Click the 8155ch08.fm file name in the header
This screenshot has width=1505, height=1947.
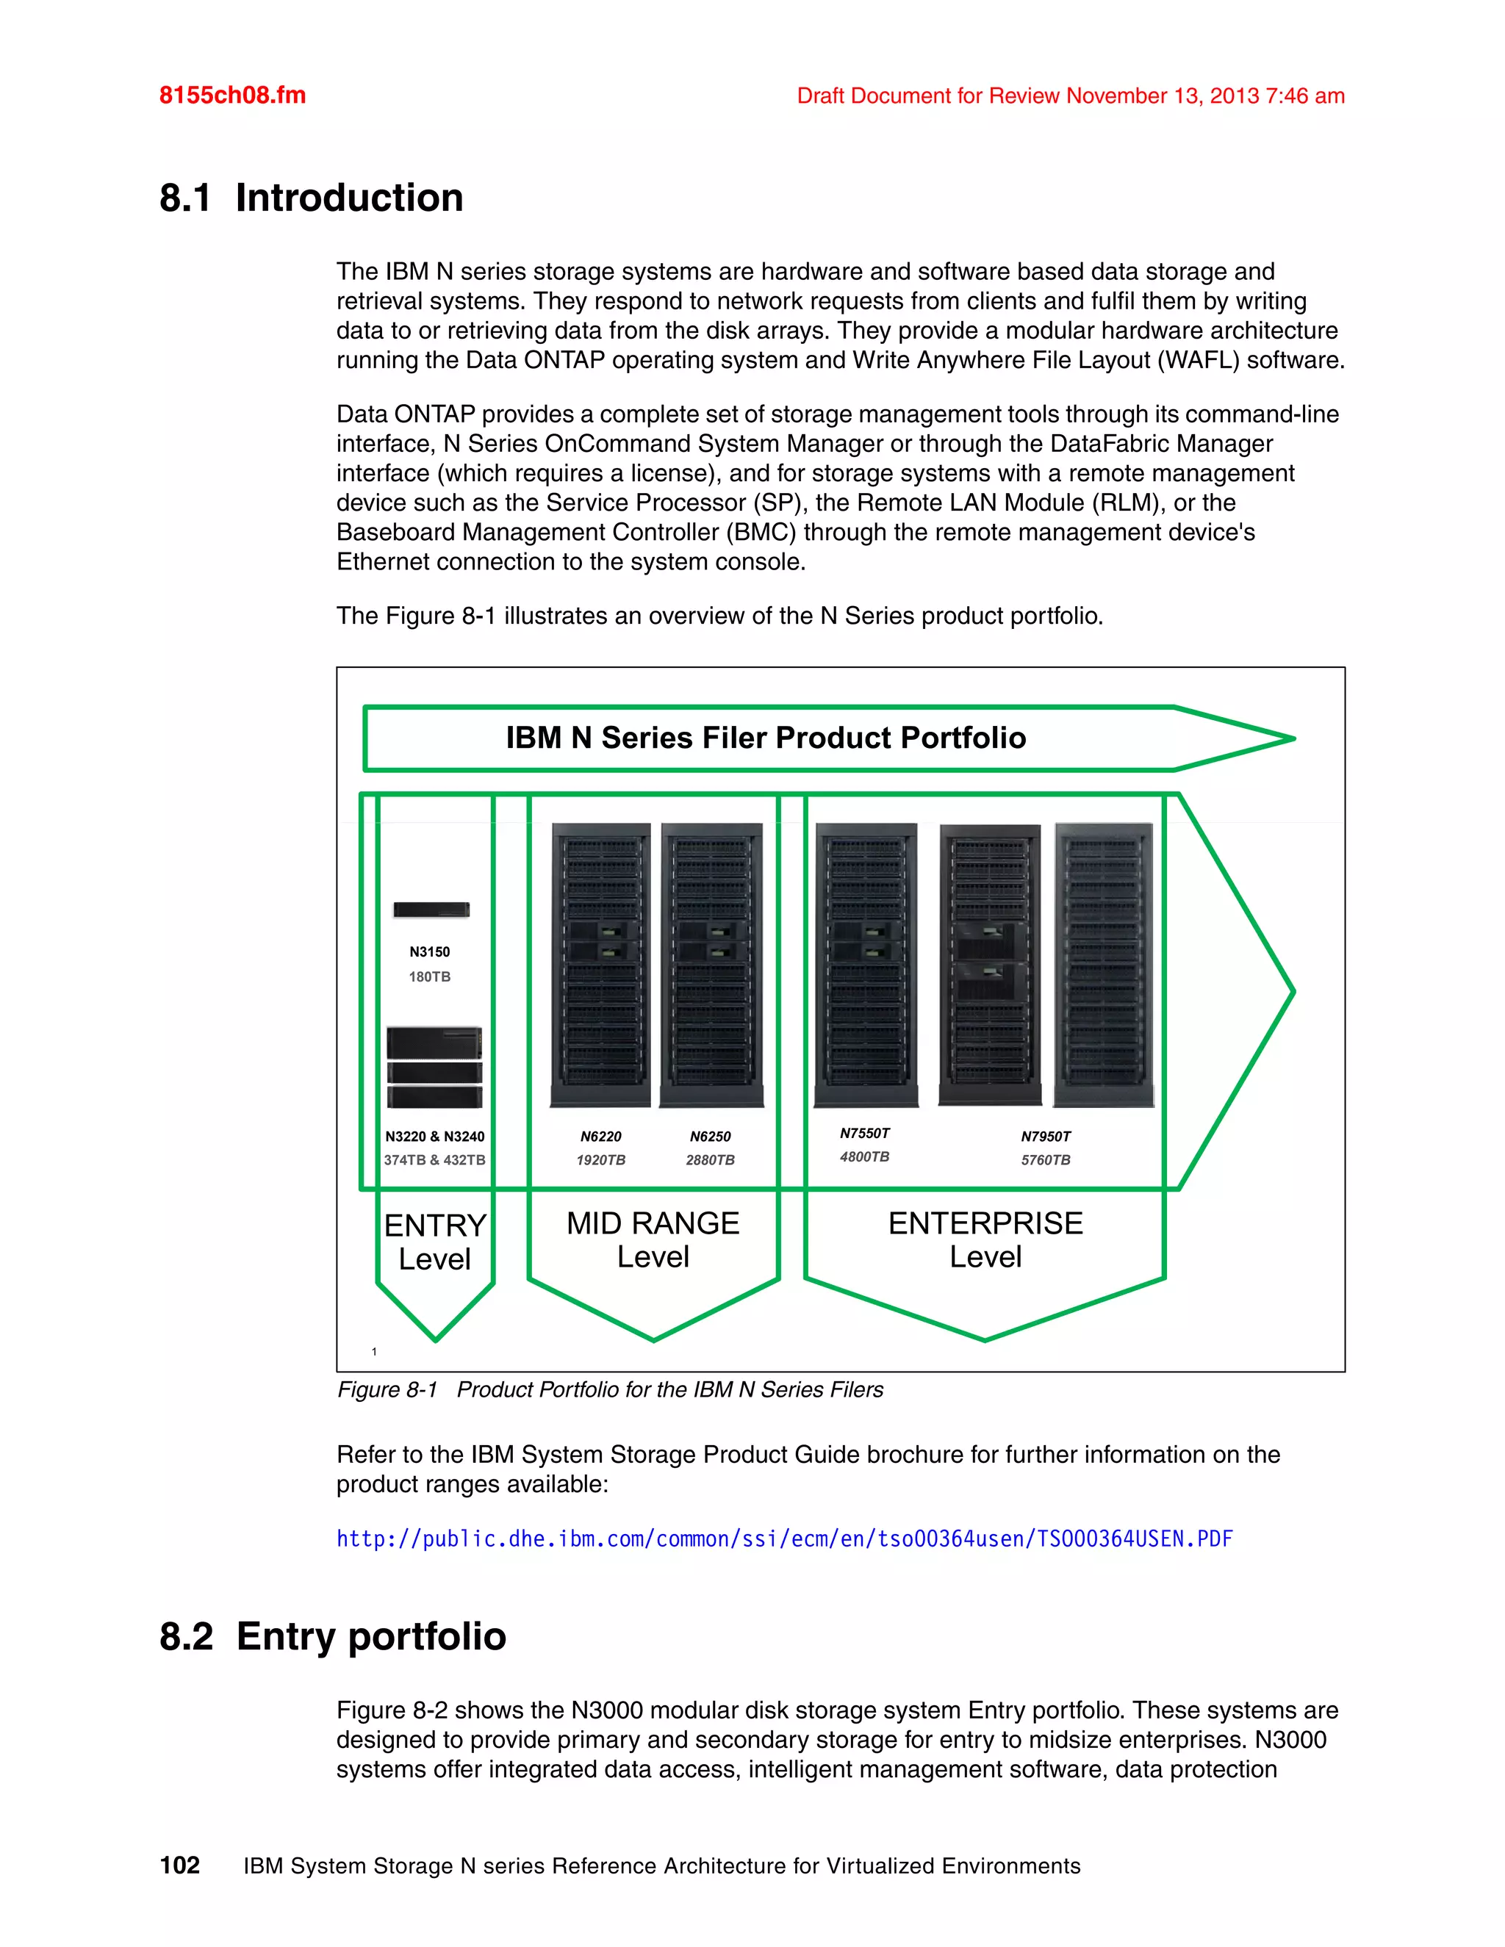231,96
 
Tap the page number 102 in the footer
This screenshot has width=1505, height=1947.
179,1865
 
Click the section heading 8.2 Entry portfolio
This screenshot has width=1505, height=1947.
333,1637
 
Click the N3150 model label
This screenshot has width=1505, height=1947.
430,952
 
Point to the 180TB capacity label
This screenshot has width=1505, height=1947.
430,977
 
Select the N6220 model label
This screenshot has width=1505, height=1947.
601,1137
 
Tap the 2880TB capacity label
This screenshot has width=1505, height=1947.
710,1160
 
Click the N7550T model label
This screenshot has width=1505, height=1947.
864,1133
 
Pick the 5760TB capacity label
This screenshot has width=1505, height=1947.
1045,1160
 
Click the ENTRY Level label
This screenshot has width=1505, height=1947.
435,1242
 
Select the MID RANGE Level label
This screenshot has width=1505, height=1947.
653,1239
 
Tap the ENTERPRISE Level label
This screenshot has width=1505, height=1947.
985,1239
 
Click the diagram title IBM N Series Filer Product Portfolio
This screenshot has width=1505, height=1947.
766,738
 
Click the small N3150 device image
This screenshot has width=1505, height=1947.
431,910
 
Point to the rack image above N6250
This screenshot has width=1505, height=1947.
711,965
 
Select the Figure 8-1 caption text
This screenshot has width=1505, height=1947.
610,1390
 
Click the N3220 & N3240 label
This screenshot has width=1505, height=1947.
435,1137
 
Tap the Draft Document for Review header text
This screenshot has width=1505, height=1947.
1070,96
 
